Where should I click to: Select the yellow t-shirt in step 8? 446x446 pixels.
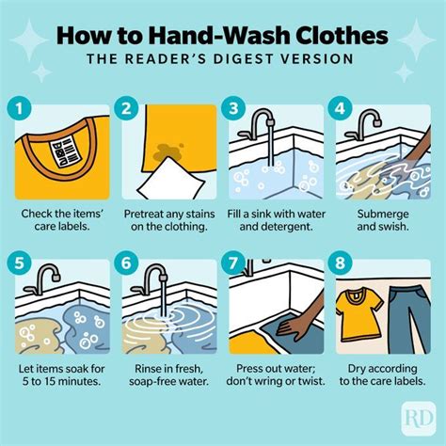[362, 315]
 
